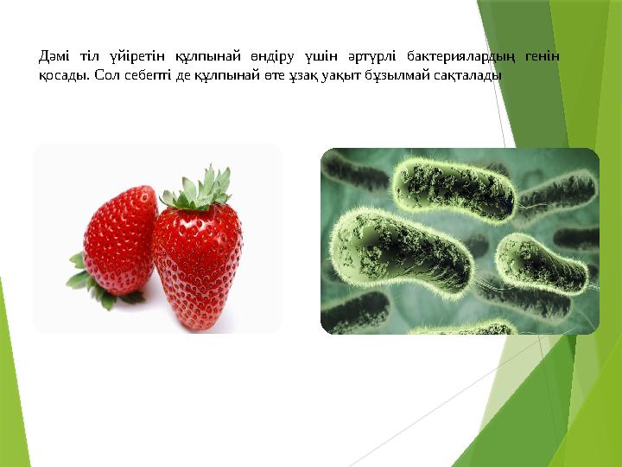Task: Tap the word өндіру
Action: pos(262,57)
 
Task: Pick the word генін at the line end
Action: pos(543,57)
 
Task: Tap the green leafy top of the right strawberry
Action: pos(199,189)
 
